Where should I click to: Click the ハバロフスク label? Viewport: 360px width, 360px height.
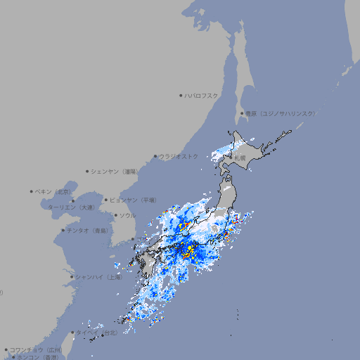(202, 95)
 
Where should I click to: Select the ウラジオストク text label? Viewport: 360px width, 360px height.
(179, 156)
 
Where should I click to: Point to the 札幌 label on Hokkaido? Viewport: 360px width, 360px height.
(240, 158)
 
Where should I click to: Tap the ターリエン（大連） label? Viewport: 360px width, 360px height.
(71, 207)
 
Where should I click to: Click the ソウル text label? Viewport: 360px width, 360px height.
(127, 215)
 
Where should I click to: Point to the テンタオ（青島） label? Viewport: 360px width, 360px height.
(88, 230)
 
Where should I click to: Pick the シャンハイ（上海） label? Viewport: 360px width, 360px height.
(98, 277)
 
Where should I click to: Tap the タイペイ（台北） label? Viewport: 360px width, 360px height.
(97, 332)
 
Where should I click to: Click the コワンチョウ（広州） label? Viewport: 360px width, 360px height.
(36, 349)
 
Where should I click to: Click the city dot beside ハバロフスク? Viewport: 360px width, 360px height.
(181, 95)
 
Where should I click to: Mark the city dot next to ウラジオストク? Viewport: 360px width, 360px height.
(155, 156)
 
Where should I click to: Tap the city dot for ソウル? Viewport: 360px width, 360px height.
(115, 215)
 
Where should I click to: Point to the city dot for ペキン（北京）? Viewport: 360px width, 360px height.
(32, 191)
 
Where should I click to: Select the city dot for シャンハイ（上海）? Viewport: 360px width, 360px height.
(72, 277)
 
